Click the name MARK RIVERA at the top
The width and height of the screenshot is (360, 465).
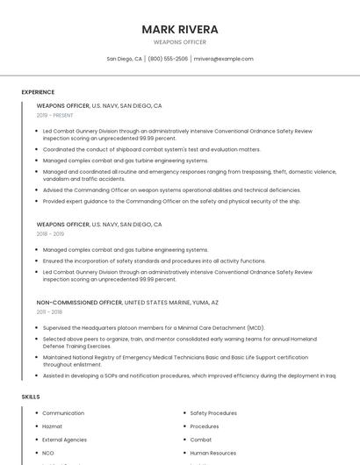pos(180,29)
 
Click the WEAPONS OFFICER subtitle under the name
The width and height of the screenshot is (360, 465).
pos(180,42)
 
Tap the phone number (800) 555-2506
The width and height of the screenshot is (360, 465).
pos(168,59)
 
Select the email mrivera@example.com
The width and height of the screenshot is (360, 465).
pos(223,59)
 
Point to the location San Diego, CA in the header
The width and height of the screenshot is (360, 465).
pos(124,59)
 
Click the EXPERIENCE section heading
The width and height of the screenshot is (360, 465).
pos(38,92)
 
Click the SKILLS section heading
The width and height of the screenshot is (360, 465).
pos(31,397)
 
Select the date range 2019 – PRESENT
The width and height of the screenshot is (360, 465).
pos(55,115)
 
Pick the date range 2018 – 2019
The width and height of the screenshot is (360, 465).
pos(50,234)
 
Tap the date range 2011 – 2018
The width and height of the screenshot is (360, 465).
pos(49,311)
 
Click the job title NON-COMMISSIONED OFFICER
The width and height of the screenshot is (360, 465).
pos(79,303)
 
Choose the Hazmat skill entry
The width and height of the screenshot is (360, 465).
pos(53,426)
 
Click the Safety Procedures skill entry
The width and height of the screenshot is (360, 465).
pos(213,413)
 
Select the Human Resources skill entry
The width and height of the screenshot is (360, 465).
pos(213,453)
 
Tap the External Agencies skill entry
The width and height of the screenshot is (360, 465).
pos(64,440)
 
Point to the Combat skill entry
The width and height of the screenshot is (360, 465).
pos(201,440)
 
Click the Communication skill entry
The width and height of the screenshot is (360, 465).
pos(63,413)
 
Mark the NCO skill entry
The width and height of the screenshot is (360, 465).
pos(48,453)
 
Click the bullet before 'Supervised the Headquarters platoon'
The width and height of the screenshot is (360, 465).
pos(38,327)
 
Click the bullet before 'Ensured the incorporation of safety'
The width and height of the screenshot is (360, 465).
pos(38,261)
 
